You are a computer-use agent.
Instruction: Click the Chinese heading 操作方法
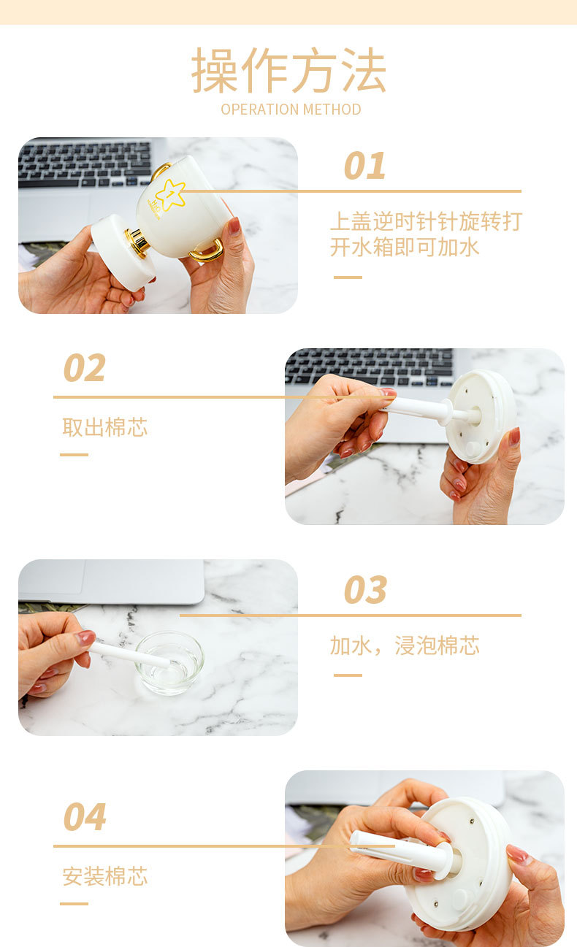tap(289, 70)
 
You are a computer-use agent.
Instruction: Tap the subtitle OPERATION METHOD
tap(291, 110)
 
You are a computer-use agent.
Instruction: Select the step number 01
tap(365, 166)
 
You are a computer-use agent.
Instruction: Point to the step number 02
tap(85, 368)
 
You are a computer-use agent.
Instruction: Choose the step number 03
tap(365, 590)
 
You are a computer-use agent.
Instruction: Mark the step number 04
tap(85, 816)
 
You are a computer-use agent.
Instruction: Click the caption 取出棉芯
tap(105, 427)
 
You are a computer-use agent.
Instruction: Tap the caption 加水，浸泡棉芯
tap(405, 645)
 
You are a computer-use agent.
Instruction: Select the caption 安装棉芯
tap(105, 875)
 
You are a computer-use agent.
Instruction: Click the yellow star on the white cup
tap(170, 195)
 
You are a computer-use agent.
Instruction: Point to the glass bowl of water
tap(169, 663)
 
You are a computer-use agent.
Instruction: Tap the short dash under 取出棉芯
tap(74, 454)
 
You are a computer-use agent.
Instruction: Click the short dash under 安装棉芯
tap(74, 903)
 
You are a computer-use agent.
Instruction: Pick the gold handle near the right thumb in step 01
tap(207, 251)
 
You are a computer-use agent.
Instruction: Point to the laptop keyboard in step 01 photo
tap(85, 164)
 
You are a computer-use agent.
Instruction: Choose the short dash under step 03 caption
tap(348, 675)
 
